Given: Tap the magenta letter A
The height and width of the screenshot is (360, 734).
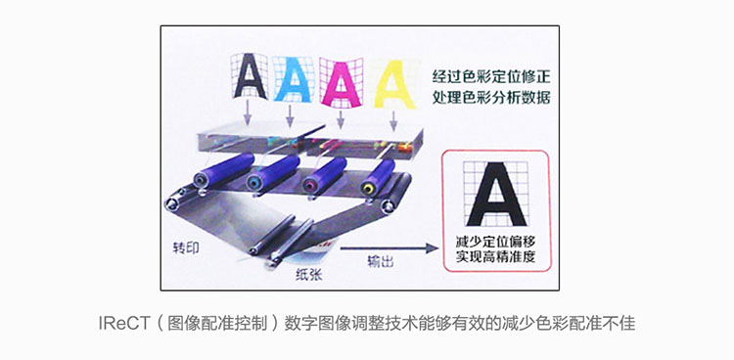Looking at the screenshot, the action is tap(343, 83).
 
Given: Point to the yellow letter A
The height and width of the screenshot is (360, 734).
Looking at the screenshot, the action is tap(395, 83).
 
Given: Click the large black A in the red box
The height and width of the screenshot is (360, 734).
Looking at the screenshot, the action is tap(496, 194).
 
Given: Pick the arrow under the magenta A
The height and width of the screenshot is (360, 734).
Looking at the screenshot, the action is tap(341, 119).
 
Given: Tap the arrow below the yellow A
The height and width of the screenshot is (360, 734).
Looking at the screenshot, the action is tap(393, 120).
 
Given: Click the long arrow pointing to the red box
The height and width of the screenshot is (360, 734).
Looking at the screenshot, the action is tap(389, 248).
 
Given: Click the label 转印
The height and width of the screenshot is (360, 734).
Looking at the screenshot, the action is tap(186, 247).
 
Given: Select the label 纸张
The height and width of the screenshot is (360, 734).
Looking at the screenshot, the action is tap(308, 275).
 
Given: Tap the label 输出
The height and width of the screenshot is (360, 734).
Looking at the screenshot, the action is tap(380, 262).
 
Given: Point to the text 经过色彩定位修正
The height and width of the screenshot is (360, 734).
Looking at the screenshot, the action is tap(491, 76).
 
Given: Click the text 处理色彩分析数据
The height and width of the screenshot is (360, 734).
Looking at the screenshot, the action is tap(491, 98).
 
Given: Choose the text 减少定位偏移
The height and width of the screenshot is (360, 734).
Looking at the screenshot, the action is tap(496, 242).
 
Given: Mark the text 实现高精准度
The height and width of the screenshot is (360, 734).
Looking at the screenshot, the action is tap(496, 257).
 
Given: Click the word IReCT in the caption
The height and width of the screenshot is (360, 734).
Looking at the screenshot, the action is tap(123, 324).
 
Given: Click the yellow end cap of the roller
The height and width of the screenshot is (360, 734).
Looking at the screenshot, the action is tap(369, 188).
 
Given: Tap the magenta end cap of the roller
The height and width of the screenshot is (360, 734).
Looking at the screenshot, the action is tap(310, 186).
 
